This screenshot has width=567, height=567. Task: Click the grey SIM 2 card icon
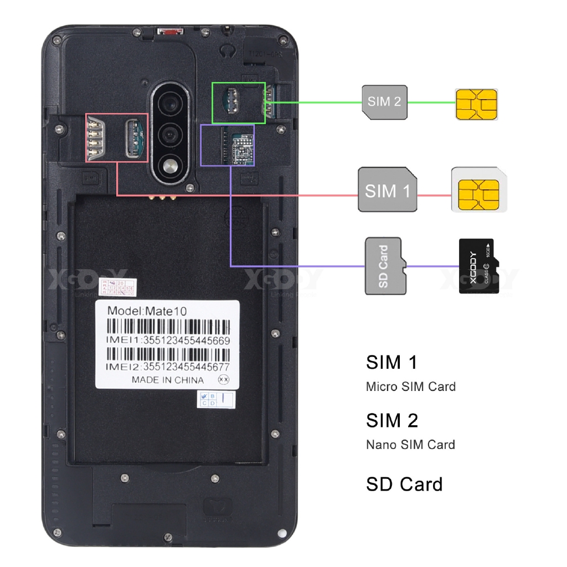(x=384, y=102)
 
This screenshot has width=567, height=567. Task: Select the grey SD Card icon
(x=385, y=266)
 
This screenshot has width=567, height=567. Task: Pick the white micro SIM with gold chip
(x=478, y=189)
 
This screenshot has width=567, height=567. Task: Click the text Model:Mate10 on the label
(x=147, y=311)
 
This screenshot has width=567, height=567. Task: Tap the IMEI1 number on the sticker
(x=187, y=341)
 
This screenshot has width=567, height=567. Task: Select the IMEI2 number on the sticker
(x=186, y=367)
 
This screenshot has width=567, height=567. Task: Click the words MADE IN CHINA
(x=167, y=380)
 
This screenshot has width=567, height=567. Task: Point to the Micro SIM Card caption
(x=410, y=386)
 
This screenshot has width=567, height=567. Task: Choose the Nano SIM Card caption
(x=410, y=445)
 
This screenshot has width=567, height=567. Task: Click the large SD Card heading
(x=404, y=484)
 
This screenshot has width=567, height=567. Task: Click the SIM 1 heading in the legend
(x=391, y=363)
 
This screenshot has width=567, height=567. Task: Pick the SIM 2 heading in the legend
(x=392, y=421)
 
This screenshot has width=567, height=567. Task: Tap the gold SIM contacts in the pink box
(x=95, y=137)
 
